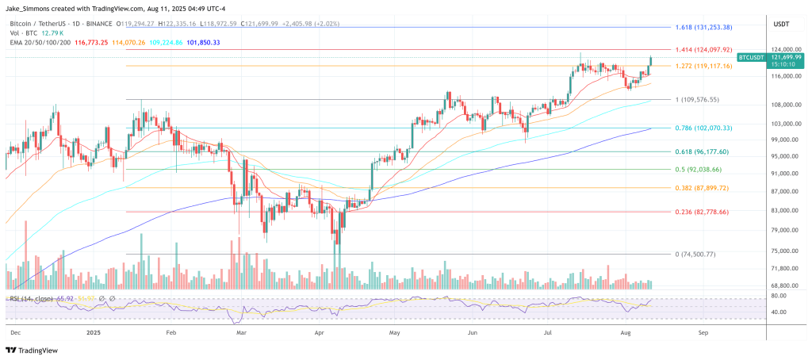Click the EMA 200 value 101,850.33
(x=201, y=42)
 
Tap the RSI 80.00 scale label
(x=779, y=295)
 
